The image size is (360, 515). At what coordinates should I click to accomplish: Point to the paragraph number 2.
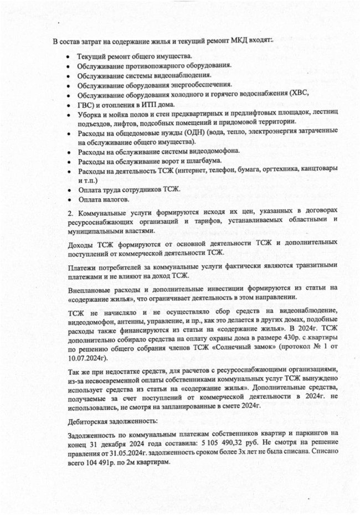70,213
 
